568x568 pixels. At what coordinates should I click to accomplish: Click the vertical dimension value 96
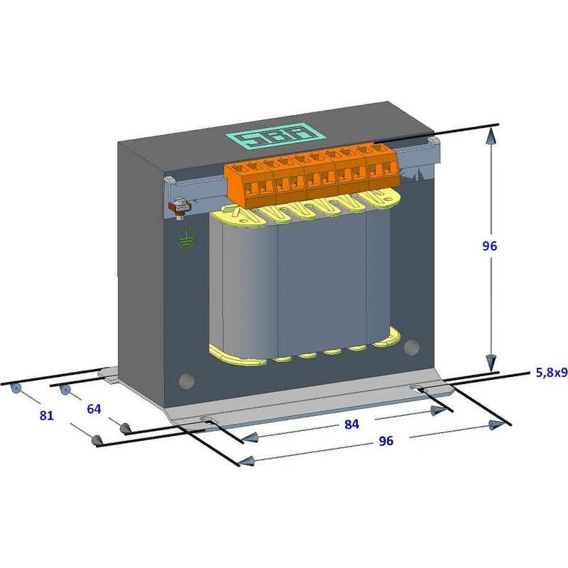[x=489, y=246]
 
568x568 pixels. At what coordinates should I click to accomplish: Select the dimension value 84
[x=351, y=424]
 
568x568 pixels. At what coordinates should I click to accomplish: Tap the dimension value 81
[x=46, y=415]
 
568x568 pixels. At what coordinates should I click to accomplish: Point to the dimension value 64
[x=94, y=409]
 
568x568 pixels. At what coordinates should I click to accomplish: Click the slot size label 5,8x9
[x=552, y=372]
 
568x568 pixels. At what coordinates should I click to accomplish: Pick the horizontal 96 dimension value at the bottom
[x=386, y=441]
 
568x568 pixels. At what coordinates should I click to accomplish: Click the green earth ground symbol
[x=186, y=238]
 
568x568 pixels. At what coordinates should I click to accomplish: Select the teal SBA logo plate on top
[x=275, y=136]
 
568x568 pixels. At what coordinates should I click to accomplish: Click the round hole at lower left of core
[x=187, y=381]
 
